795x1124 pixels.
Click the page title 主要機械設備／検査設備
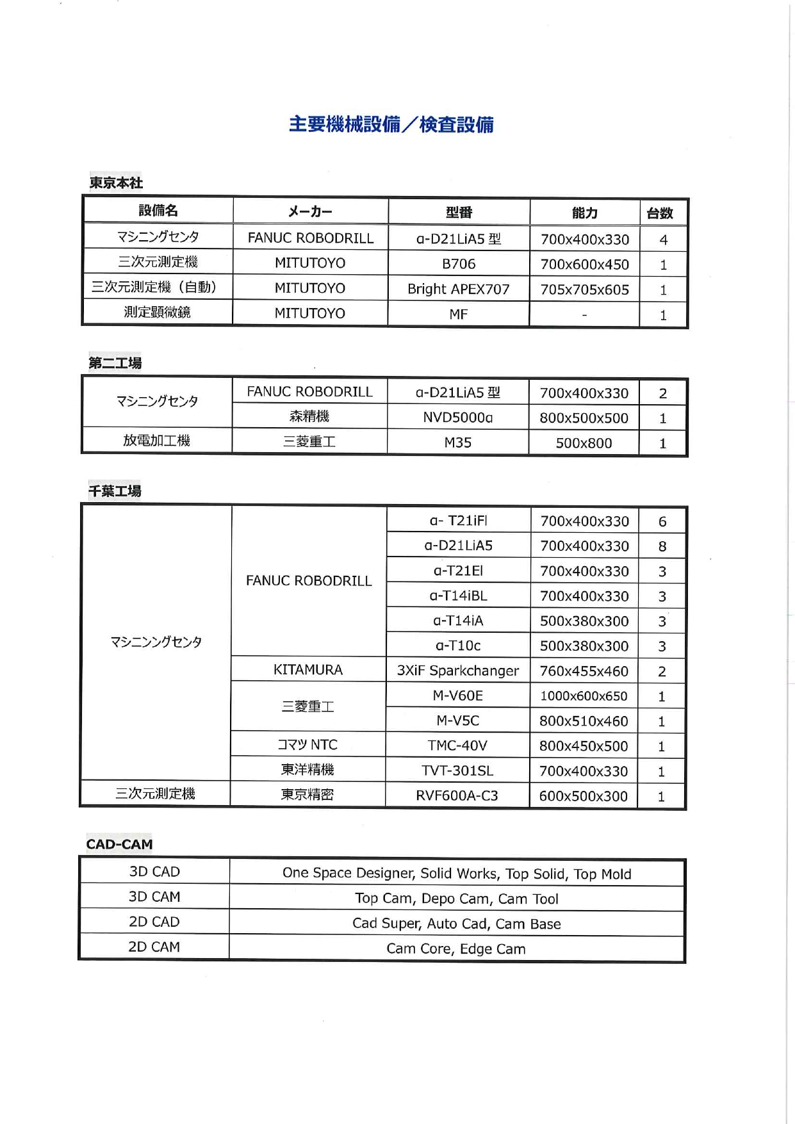[x=391, y=124]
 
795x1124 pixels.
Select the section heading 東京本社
[x=116, y=183]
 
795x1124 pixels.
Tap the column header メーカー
[x=310, y=211]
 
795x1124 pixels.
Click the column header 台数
[x=660, y=213]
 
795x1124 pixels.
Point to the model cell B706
[x=459, y=264]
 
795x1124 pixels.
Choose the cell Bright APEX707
[x=459, y=289]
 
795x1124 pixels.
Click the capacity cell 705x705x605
[x=584, y=289]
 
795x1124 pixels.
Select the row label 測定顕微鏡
[x=157, y=313]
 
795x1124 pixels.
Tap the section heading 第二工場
[x=115, y=363]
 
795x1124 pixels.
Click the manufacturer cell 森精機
[x=309, y=417]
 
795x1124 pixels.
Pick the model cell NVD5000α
[x=458, y=418]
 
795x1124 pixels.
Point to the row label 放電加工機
[x=157, y=441]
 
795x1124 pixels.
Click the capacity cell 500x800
[x=584, y=443]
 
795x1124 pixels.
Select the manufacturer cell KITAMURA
[x=308, y=670]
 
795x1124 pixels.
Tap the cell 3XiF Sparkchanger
[x=457, y=671]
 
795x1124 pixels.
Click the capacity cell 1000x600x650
[x=584, y=696]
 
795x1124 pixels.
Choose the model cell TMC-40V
[x=457, y=745]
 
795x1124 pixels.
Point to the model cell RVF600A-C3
[x=457, y=795]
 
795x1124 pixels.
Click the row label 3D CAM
[x=154, y=897]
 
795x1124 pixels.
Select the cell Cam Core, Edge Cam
[x=456, y=949]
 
